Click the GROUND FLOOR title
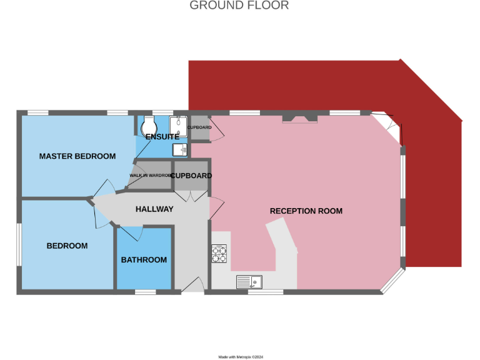click(x=239, y=6)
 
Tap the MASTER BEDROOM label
click(x=77, y=156)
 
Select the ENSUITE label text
click(x=162, y=137)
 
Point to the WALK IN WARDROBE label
click(x=150, y=176)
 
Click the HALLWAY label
click(x=154, y=209)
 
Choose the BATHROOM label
click(x=144, y=260)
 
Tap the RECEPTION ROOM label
click(x=306, y=211)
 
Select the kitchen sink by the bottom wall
click(x=250, y=282)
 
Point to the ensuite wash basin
click(x=181, y=149)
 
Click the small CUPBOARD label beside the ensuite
click(x=199, y=127)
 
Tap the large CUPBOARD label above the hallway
click(x=191, y=176)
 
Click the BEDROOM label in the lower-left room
click(x=67, y=246)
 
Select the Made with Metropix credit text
click(x=241, y=357)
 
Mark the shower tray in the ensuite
click(x=181, y=124)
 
